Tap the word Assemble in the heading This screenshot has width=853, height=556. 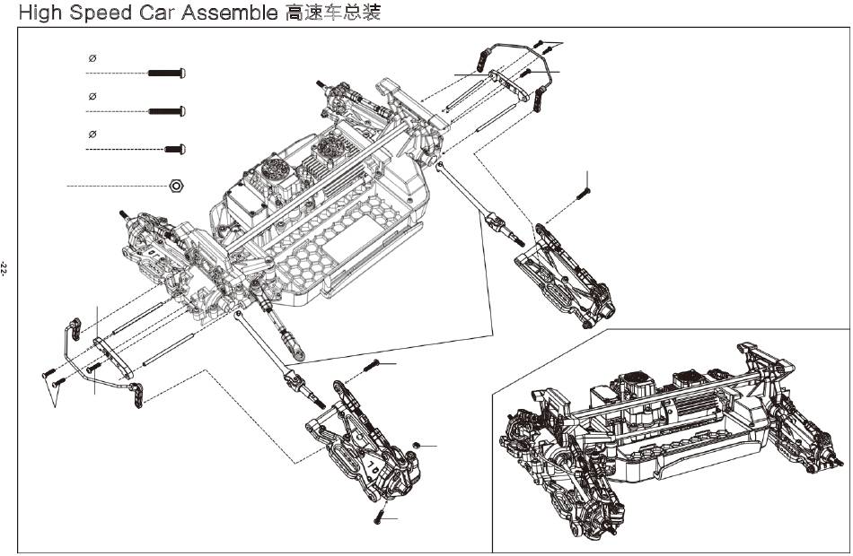[229, 13]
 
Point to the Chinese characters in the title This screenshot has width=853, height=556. [332, 13]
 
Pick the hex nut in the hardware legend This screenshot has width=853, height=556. [176, 186]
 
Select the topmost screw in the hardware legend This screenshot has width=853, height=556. [166, 73]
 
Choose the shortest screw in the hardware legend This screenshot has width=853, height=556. [174, 149]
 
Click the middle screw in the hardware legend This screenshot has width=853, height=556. [167, 111]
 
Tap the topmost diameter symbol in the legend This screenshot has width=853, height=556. [92, 58]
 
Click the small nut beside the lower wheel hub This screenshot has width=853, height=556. [416, 446]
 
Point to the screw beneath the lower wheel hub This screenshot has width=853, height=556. [379, 517]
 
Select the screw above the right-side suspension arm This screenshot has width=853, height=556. [583, 193]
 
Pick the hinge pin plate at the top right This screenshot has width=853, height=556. [508, 85]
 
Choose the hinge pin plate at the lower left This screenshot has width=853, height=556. [113, 358]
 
